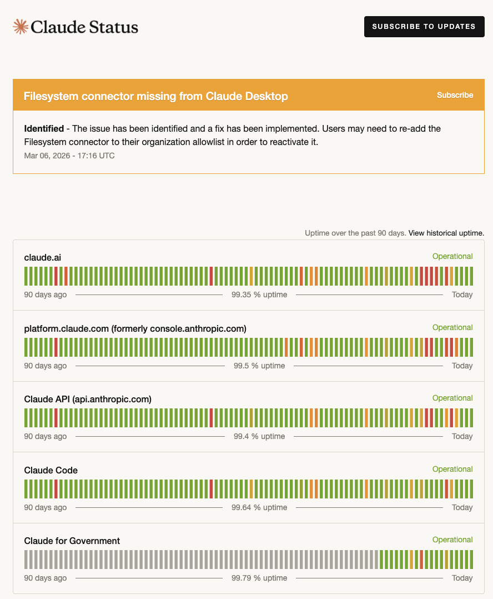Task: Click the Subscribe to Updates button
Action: [424, 27]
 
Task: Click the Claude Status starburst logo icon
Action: [21, 27]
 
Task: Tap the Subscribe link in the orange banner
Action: [455, 95]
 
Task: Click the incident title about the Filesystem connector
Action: [155, 96]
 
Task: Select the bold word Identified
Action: [44, 129]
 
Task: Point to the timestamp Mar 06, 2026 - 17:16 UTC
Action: [69, 156]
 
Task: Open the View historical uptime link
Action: [446, 233]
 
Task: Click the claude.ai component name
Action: [42, 257]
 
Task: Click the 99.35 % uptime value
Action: [259, 294]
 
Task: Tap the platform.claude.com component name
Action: [135, 328]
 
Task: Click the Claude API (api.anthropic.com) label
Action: [88, 399]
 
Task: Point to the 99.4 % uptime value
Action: [259, 436]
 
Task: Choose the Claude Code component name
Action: [51, 470]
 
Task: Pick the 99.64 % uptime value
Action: [259, 507]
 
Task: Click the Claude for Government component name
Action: [72, 541]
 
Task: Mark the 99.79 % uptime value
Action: [259, 578]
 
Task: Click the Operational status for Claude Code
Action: [452, 469]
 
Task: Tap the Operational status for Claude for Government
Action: [452, 540]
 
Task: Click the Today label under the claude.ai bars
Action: [462, 294]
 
